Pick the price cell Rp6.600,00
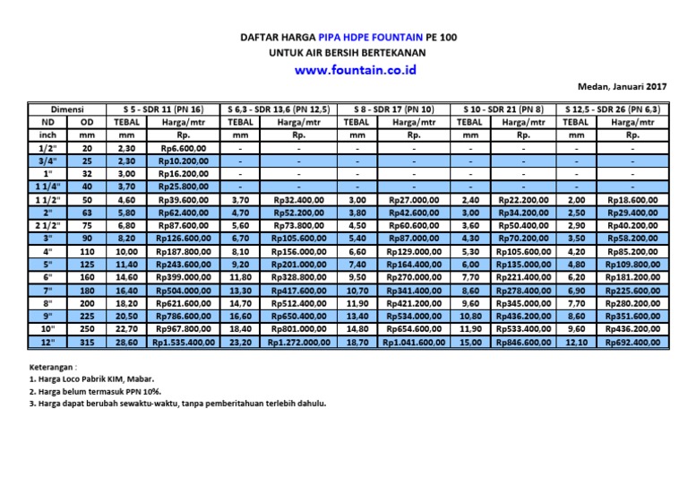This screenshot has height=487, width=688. tap(183, 148)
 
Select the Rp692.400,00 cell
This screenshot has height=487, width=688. tap(632, 343)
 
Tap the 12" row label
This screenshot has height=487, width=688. tap(47, 343)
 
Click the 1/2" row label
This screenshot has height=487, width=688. tap(47, 148)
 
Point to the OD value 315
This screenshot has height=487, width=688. tap(87, 343)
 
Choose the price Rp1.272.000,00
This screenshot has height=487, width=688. tap(297, 343)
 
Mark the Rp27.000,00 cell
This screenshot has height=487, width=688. tap(414, 200)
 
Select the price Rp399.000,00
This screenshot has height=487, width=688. tap(183, 278)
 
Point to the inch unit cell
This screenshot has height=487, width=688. tap(47, 135)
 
